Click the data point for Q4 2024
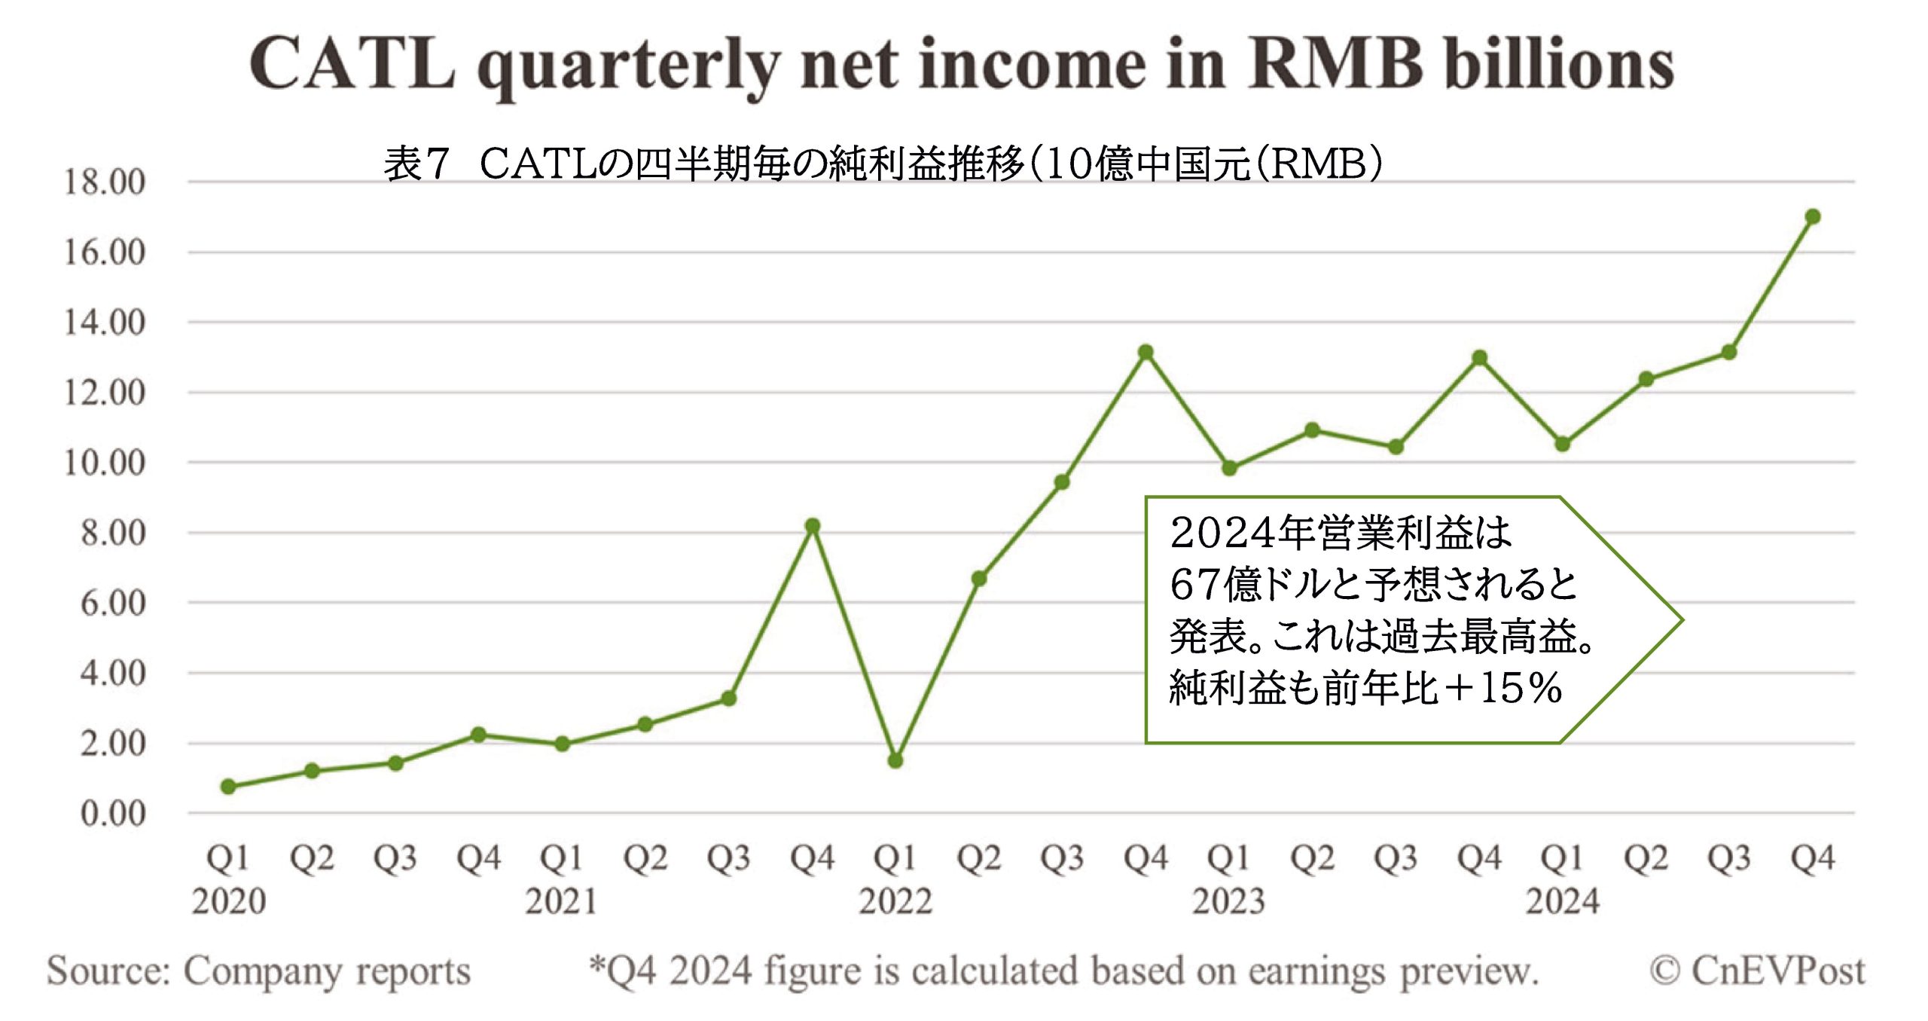pos(1812,217)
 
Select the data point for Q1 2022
pos(895,761)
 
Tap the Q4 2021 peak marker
pos(812,526)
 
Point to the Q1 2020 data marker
pos(228,787)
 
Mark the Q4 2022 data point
pos(1146,352)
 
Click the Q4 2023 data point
pos(1479,358)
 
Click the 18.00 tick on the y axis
pos(104,182)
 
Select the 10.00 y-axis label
pos(104,463)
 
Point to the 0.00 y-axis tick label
pos(113,814)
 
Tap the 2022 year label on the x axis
pos(895,901)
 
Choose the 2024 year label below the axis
pos(1563,901)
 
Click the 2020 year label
pos(228,901)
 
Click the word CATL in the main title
pos(352,65)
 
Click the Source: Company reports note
pos(258,971)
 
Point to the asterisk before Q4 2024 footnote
pos(597,964)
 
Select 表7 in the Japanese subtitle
pos(416,164)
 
